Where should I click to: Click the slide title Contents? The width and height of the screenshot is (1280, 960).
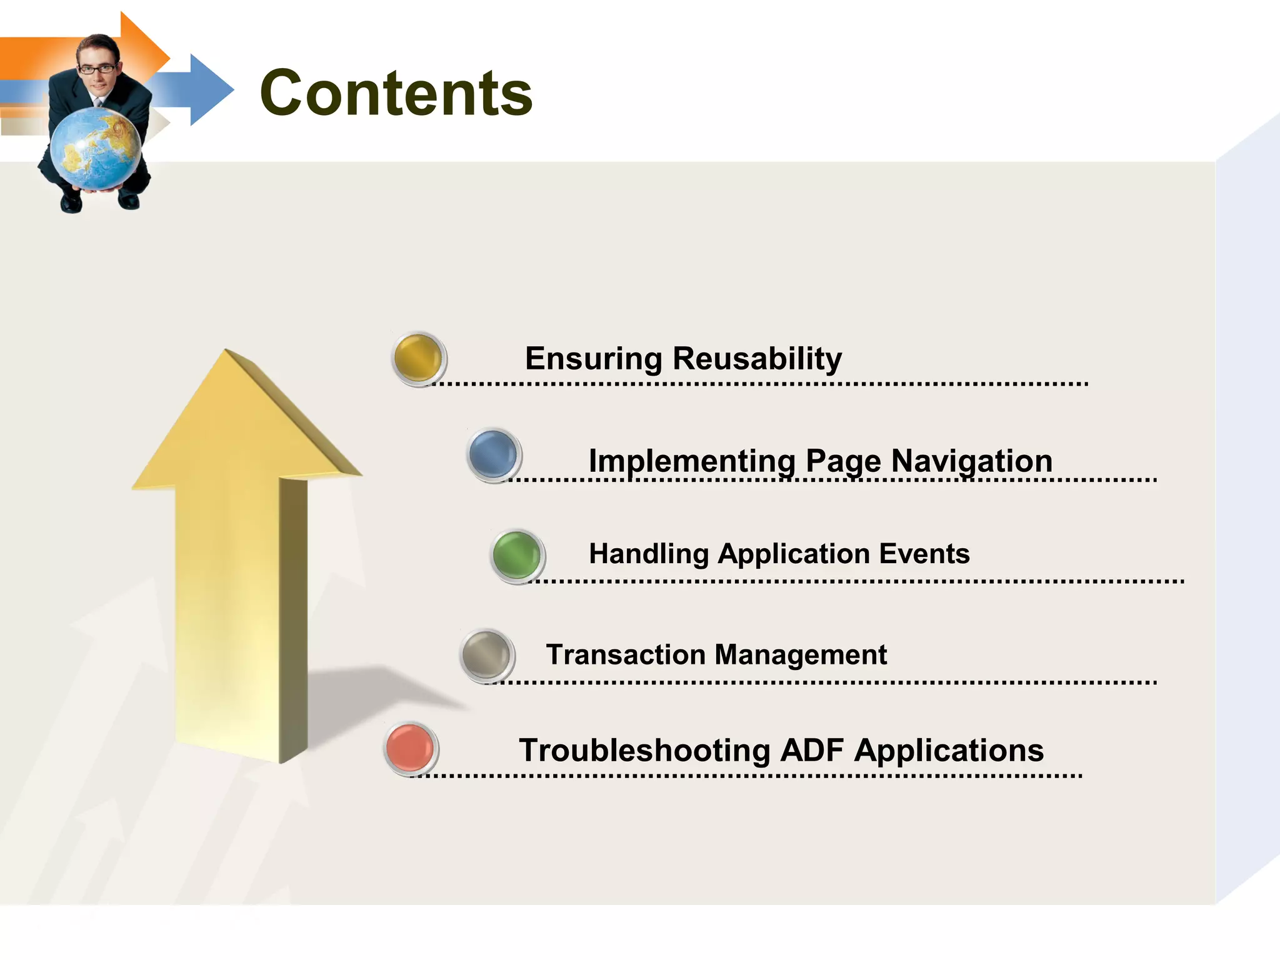pos(396,93)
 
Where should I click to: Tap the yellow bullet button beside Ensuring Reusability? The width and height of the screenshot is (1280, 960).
pos(419,358)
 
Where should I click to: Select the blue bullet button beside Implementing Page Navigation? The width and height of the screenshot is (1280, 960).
pos(494,455)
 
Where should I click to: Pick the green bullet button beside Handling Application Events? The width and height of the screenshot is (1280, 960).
pos(517,556)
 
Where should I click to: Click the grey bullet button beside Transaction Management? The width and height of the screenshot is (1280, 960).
pos(487,655)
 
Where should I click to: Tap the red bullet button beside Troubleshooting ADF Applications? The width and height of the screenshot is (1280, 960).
pos(411,748)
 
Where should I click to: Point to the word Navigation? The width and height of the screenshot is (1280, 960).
pos(972,461)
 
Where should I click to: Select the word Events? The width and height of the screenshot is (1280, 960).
pos(924,554)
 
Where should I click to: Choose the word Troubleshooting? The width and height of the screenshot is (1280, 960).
pos(644,751)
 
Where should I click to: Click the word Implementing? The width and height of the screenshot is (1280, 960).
pos(692,461)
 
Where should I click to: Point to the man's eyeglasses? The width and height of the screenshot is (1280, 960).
pos(97,69)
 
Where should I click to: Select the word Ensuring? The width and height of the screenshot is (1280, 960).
pos(593,359)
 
